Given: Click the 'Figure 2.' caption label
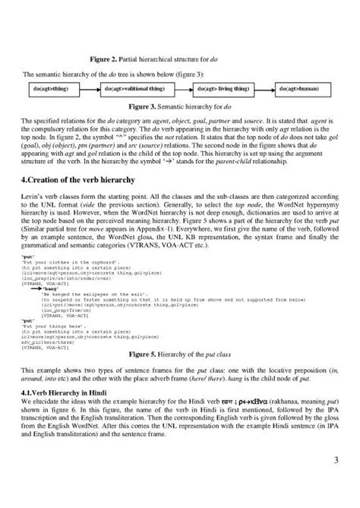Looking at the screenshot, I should [105, 58].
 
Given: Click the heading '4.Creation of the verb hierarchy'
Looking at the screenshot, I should [94, 178].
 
